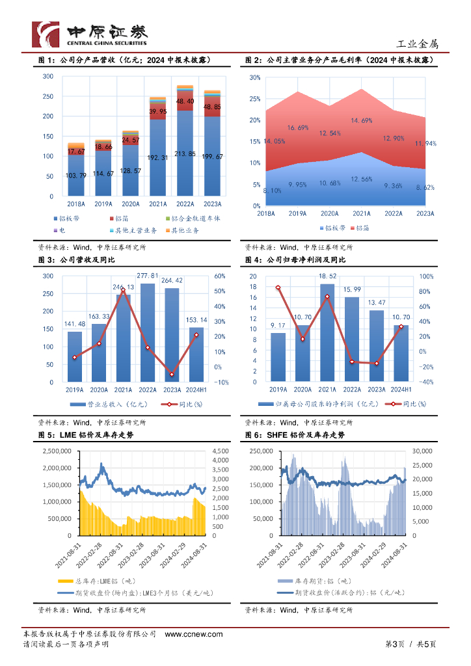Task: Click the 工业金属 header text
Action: tap(418, 44)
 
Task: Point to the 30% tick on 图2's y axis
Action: tap(255, 77)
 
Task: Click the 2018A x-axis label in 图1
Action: tap(76, 203)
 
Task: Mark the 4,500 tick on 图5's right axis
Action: tap(221, 450)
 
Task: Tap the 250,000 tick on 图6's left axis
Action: tap(260, 450)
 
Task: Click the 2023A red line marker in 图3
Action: tap(171, 375)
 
